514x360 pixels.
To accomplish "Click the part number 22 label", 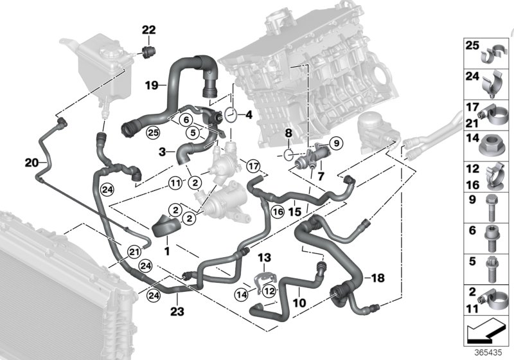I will (148, 30).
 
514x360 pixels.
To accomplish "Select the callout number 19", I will (151, 85).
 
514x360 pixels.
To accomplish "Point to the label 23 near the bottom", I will (177, 312).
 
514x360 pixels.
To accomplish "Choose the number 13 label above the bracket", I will (265, 258).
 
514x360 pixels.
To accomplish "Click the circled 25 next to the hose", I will (152, 133).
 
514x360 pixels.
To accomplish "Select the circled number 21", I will (134, 251).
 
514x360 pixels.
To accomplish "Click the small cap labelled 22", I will (149, 51).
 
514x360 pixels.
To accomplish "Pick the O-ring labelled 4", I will (233, 116).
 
